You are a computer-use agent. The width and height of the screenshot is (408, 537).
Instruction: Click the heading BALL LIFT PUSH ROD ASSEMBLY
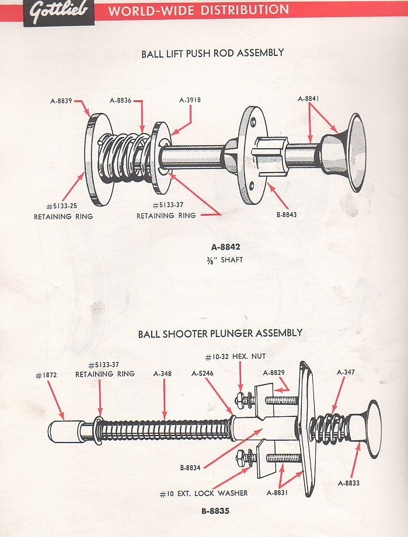point(212,53)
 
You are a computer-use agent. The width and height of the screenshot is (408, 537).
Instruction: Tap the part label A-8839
point(60,100)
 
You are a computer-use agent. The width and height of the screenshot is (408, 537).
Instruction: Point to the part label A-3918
point(190,100)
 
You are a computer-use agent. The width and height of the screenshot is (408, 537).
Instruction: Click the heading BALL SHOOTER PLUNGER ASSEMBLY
point(220,334)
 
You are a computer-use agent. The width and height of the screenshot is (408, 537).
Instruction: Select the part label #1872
point(47,375)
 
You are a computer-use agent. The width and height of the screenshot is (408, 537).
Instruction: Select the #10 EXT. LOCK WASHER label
point(204,493)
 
